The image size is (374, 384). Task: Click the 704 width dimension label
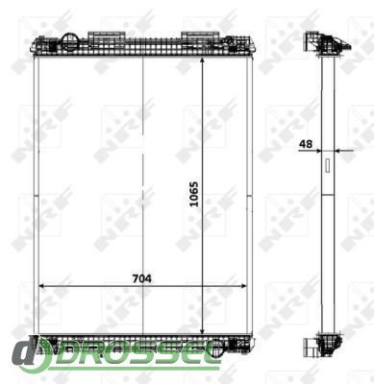(x=142, y=279)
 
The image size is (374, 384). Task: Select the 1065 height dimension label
(x=194, y=194)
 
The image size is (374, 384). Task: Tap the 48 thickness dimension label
(x=306, y=144)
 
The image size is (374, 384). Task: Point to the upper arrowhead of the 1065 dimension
(x=202, y=61)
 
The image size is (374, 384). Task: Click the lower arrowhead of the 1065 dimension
(x=202, y=330)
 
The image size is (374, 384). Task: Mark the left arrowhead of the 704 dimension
(x=42, y=286)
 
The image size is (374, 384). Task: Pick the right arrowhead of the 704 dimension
(x=242, y=286)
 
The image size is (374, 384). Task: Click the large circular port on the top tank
(x=70, y=42)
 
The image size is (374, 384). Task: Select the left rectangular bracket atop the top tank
(x=107, y=36)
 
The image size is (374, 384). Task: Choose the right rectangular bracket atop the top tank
(x=200, y=36)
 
